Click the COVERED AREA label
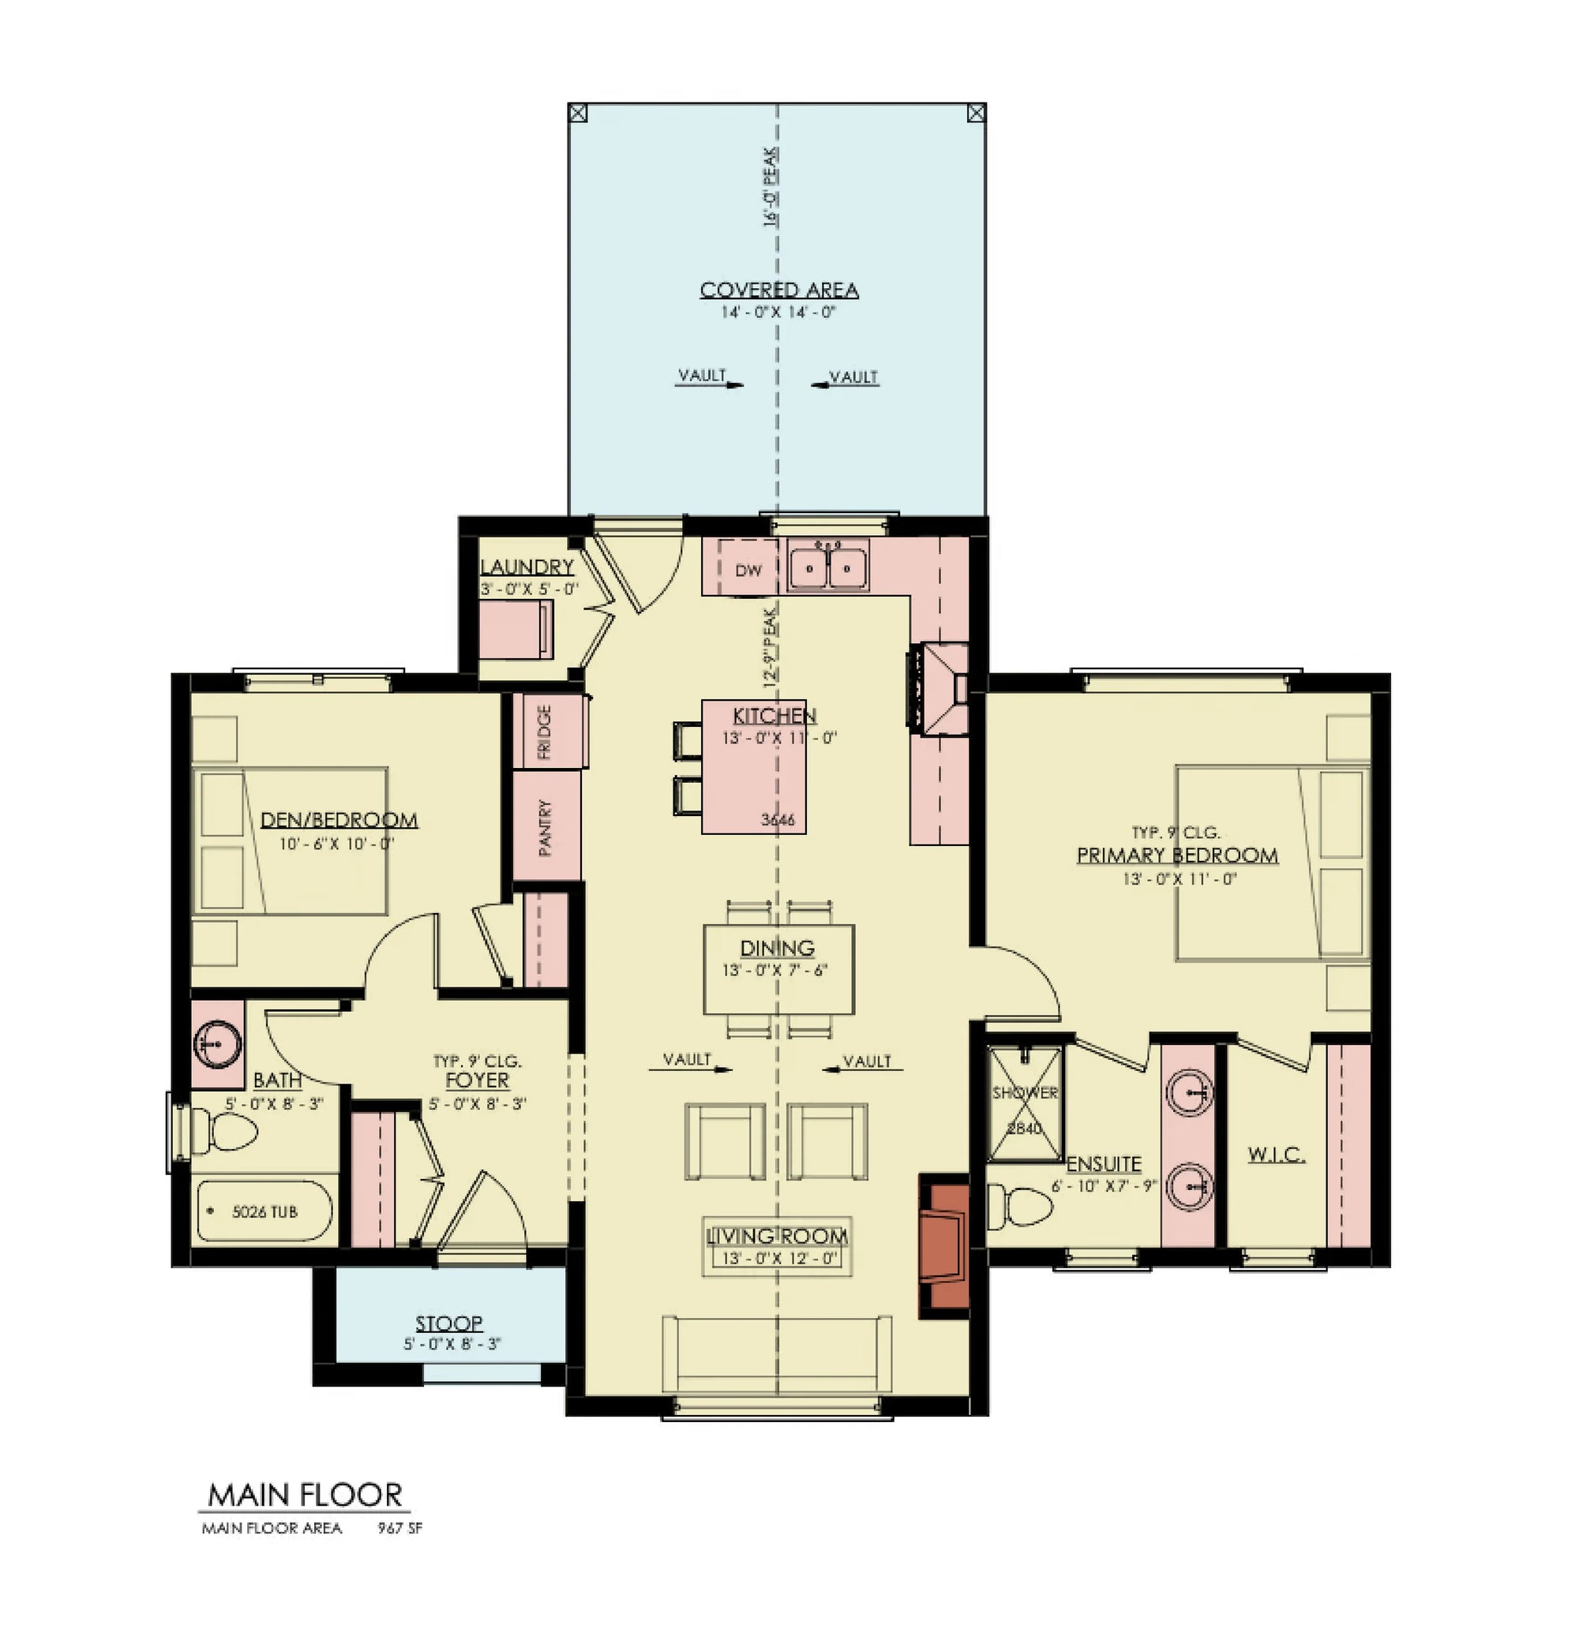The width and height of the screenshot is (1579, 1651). pyautogui.click(x=778, y=290)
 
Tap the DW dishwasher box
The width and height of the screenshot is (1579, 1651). pyautogui.click(x=748, y=570)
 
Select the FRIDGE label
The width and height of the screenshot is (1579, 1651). pyautogui.click(x=545, y=731)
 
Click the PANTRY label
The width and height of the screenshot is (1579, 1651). pyautogui.click(x=546, y=827)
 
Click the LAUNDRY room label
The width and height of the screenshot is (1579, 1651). pyautogui.click(x=527, y=567)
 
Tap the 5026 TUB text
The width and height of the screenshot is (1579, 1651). pyautogui.click(x=264, y=1211)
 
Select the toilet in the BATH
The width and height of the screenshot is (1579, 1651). pyautogui.click(x=223, y=1132)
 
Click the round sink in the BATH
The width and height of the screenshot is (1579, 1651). pyautogui.click(x=217, y=1044)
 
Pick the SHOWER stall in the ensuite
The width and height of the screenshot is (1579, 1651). pyautogui.click(x=1024, y=1103)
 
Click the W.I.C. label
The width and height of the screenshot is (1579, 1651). pyautogui.click(x=1276, y=1155)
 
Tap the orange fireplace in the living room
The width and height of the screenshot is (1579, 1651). pyautogui.click(x=947, y=1245)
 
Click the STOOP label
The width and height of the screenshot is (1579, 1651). pyautogui.click(x=448, y=1323)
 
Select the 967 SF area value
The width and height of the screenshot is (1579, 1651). pyautogui.click(x=399, y=1528)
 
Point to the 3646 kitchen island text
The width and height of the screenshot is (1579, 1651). pyautogui.click(x=777, y=820)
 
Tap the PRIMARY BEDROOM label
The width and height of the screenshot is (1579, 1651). pyautogui.click(x=1176, y=855)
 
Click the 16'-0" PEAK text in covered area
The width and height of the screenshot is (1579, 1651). pyautogui.click(x=770, y=187)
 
